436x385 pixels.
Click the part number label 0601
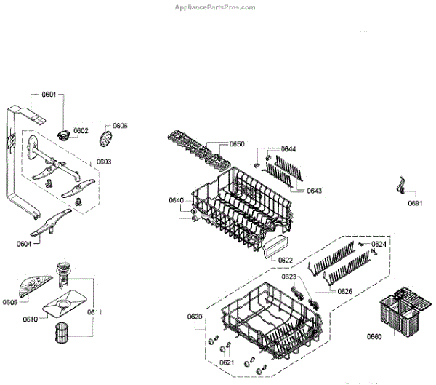click(49, 94)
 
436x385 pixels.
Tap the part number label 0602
click(81, 131)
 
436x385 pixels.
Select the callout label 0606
click(120, 126)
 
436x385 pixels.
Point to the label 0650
click(237, 144)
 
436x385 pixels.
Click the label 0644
click(288, 149)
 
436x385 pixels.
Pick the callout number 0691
click(414, 203)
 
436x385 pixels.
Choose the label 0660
click(374, 336)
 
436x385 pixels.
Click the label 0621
click(226, 362)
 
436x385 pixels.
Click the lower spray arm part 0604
click(52, 221)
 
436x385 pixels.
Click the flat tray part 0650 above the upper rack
click(193, 149)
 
